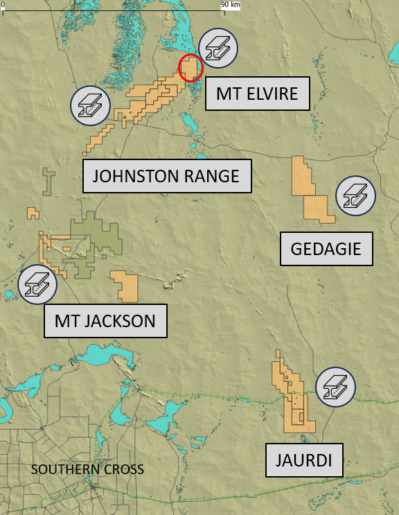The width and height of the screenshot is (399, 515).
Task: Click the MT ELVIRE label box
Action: pyautogui.click(x=256, y=93)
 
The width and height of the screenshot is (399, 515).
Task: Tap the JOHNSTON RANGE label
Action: pyautogui.click(x=166, y=176)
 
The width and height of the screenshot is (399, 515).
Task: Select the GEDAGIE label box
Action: pyautogui.click(x=326, y=248)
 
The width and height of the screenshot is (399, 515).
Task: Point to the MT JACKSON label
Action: pyautogui.click(x=105, y=321)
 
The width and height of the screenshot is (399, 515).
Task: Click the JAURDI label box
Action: pyautogui.click(x=304, y=460)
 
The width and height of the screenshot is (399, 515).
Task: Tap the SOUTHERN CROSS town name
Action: pyautogui.click(x=88, y=469)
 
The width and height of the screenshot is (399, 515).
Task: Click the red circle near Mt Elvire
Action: pyautogui.click(x=190, y=68)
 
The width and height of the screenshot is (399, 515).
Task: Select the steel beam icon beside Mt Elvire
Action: pyautogui.click(x=218, y=48)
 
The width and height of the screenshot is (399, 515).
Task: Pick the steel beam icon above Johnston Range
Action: pyautogui.click(x=91, y=105)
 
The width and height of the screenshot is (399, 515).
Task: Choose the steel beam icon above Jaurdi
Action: pyautogui.click(x=335, y=387)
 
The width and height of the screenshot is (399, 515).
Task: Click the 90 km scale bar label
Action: pyautogui.click(x=231, y=5)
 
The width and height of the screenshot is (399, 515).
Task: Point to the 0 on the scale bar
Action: pyautogui.click(x=3, y=5)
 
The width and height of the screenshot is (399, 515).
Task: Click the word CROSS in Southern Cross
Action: pyautogui.click(x=125, y=469)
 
